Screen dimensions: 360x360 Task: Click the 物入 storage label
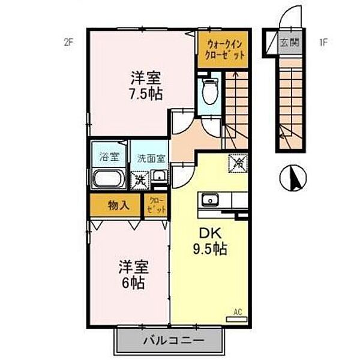pyautogui.click(x=118, y=205)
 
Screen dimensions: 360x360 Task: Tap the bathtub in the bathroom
pyautogui.click(x=109, y=179)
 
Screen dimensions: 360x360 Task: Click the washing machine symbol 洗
pyautogui.click(x=139, y=179)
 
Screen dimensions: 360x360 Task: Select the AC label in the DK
pyautogui.click(x=238, y=312)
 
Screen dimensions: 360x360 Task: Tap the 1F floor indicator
pyautogui.click(x=323, y=42)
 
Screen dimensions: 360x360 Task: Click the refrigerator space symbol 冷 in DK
pyautogui.click(x=238, y=162)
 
